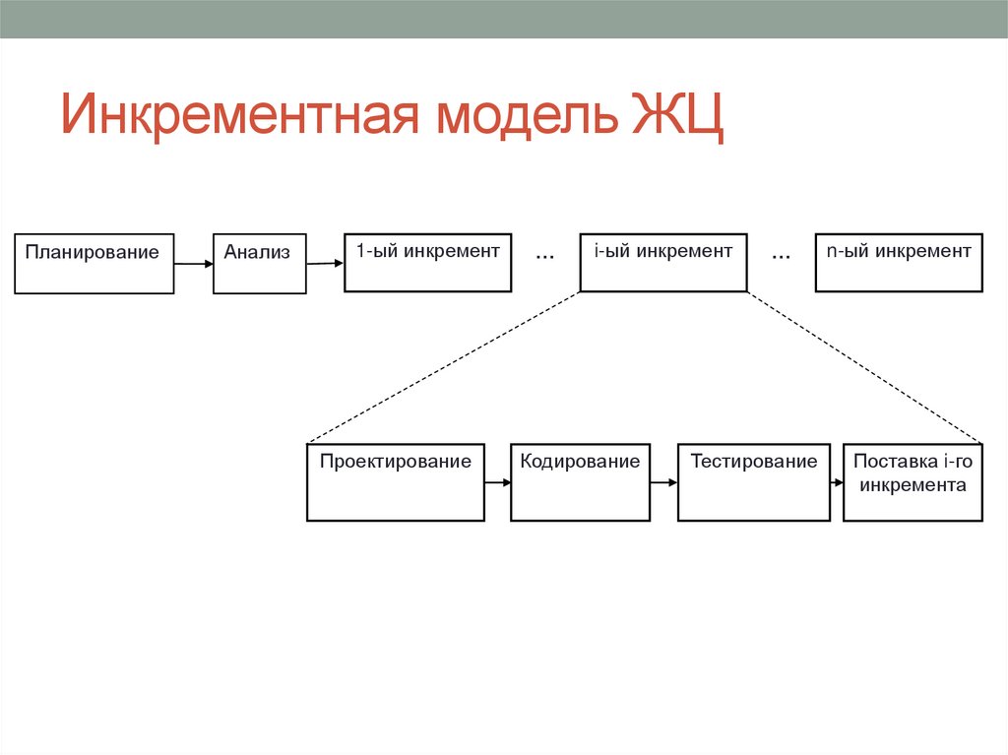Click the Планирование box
(94, 263)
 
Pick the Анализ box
(259, 263)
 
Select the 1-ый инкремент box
(427, 263)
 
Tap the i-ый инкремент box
(662, 263)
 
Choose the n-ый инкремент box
(899, 263)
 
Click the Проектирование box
(396, 482)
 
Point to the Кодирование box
(580, 482)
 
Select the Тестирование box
(754, 482)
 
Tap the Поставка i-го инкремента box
(913, 482)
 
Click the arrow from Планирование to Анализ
(194, 264)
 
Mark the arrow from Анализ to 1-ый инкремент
(325, 263)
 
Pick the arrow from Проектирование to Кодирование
(497, 482)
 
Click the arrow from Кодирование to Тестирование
(663, 482)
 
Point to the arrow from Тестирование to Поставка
(836, 482)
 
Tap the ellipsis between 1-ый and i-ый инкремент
(544, 255)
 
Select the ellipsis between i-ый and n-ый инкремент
(781, 255)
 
